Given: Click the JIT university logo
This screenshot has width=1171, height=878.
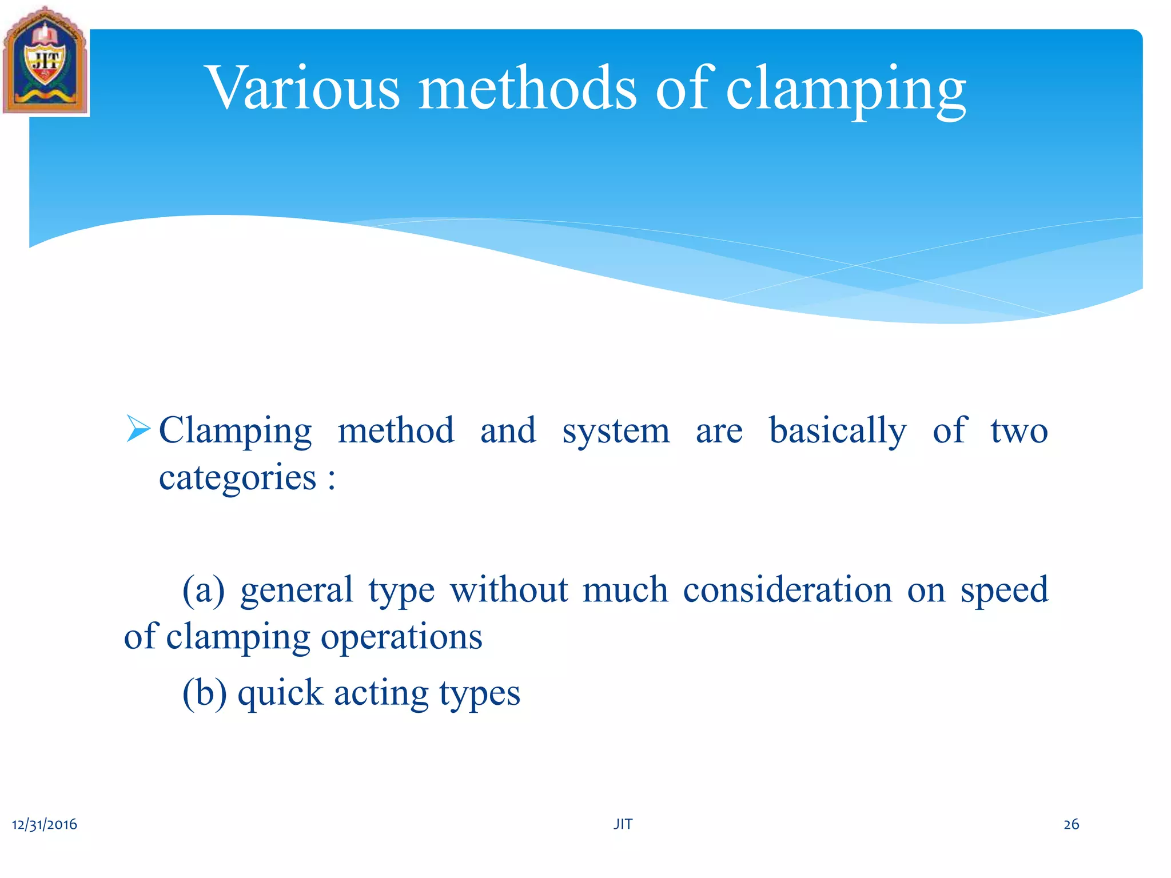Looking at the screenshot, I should tap(45, 62).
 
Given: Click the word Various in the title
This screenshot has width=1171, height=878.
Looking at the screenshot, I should tap(304, 89).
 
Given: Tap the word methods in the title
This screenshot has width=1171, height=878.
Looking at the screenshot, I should tap(527, 89).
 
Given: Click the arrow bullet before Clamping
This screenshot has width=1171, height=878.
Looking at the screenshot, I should tap(138, 429).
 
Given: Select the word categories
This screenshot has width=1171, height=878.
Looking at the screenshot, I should tap(237, 478).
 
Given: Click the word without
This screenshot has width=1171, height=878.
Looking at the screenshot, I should tap(509, 590).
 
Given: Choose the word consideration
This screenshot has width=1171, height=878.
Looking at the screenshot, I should tap(787, 590).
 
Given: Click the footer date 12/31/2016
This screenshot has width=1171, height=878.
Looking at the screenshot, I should tap(45, 824).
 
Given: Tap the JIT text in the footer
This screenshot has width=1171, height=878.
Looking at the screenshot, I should tap(623, 824).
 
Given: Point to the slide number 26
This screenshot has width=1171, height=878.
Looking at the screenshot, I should tap(1071, 824).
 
